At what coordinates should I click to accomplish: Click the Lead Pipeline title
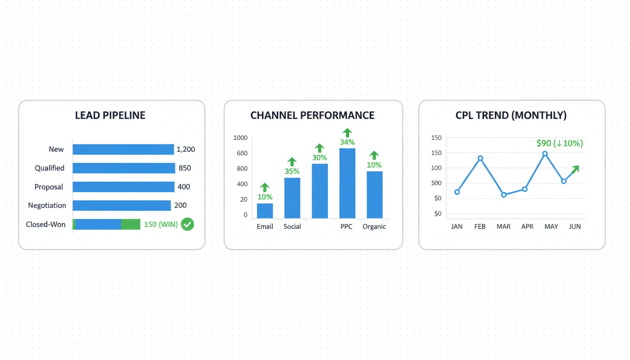pyautogui.click(x=110, y=115)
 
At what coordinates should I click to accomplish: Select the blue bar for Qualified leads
pyautogui.click(x=124, y=168)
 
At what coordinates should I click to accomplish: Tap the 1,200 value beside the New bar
pyautogui.click(x=186, y=150)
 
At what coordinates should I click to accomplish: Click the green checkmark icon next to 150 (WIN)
pyautogui.click(x=187, y=224)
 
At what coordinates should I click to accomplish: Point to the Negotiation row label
pyautogui.click(x=47, y=205)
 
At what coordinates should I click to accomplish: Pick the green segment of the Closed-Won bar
pyautogui.click(x=130, y=224)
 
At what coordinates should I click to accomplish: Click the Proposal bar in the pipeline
pyautogui.click(x=123, y=187)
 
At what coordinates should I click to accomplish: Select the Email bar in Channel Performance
pyautogui.click(x=265, y=210)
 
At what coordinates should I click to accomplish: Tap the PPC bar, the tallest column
pyautogui.click(x=347, y=183)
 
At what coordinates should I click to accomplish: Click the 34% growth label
pyautogui.click(x=347, y=142)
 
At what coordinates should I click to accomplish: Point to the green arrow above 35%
pyautogui.click(x=292, y=162)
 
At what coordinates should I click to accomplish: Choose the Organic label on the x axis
pyautogui.click(x=374, y=226)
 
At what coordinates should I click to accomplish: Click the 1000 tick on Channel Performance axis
pyautogui.click(x=240, y=138)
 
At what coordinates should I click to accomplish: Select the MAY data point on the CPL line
pyautogui.click(x=545, y=154)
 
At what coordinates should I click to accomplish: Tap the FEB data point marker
pyautogui.click(x=480, y=158)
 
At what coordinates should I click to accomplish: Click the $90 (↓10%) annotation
pyautogui.click(x=560, y=143)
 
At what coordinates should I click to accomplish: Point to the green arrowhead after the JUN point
pyautogui.click(x=576, y=169)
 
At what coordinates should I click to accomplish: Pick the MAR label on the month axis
pyautogui.click(x=503, y=226)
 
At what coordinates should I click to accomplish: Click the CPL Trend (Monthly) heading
pyautogui.click(x=511, y=115)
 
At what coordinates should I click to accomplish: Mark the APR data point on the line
pyautogui.click(x=525, y=189)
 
